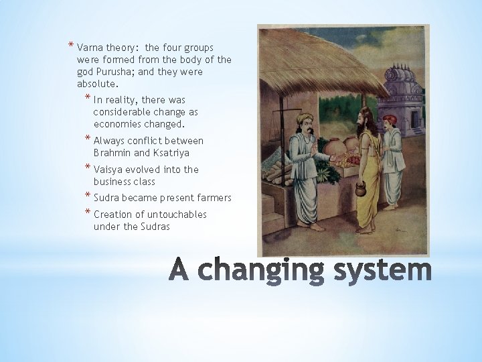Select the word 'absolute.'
coord(98,84)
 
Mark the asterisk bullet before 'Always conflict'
coord(88,139)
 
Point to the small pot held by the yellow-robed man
coord(359,191)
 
